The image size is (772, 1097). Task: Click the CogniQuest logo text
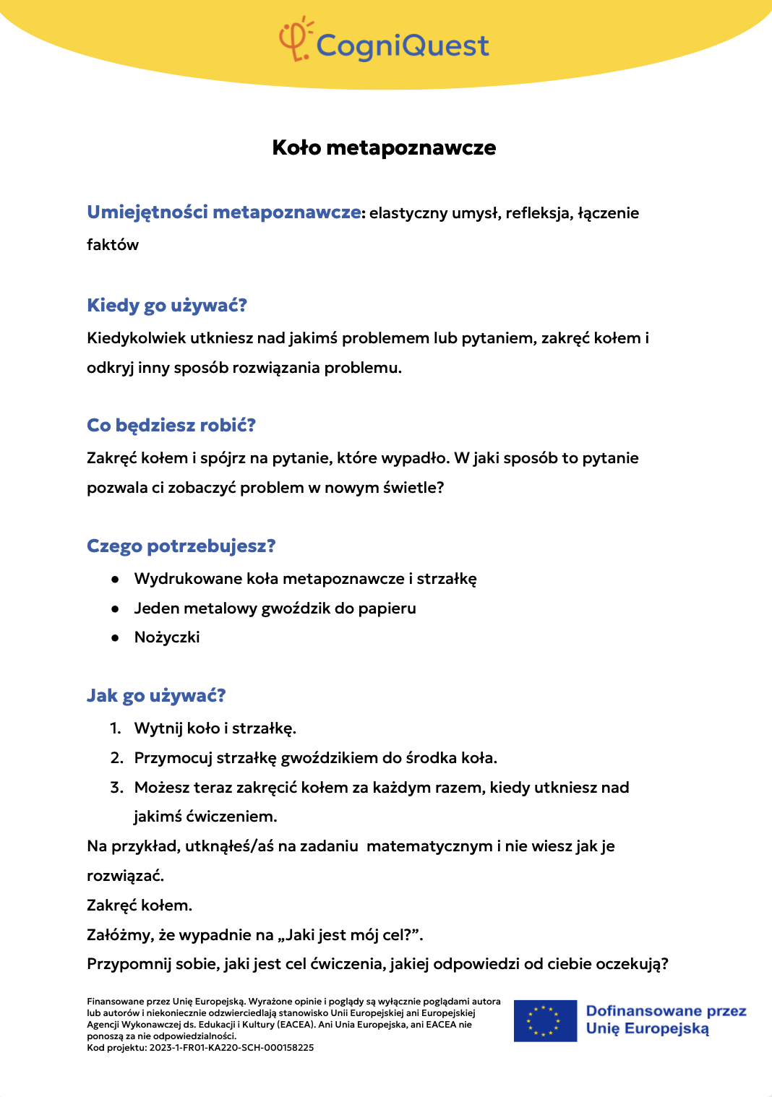pyautogui.click(x=403, y=46)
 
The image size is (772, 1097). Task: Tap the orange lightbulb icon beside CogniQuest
pyautogui.click(x=295, y=39)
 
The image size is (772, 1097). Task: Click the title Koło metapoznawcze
pyautogui.click(x=384, y=147)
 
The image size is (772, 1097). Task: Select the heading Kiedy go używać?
pyautogui.click(x=167, y=305)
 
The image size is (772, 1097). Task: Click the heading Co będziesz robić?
pyautogui.click(x=171, y=425)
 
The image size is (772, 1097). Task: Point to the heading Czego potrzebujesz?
pyautogui.click(x=181, y=546)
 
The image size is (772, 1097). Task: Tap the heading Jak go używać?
pyautogui.click(x=156, y=695)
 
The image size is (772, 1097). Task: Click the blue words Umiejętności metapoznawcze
pyautogui.click(x=224, y=212)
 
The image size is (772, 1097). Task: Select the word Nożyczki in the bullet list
pyautogui.click(x=167, y=637)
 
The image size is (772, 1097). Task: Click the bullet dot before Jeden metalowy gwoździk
pyautogui.click(x=115, y=608)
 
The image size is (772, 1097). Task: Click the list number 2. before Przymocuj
pyautogui.click(x=117, y=758)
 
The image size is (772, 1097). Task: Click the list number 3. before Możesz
pyautogui.click(x=117, y=788)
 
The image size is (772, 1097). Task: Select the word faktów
pyautogui.click(x=113, y=245)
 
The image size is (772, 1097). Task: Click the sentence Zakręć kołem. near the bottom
pyautogui.click(x=140, y=905)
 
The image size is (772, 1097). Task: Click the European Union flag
pyautogui.click(x=545, y=1020)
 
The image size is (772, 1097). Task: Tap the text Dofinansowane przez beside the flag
pyautogui.click(x=666, y=1011)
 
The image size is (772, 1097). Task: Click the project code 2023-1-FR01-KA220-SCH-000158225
pyautogui.click(x=231, y=1048)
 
